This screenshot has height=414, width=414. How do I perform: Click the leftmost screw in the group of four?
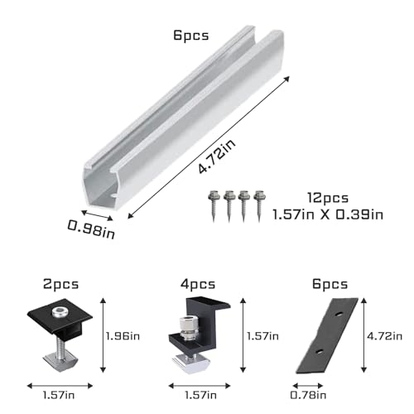211,205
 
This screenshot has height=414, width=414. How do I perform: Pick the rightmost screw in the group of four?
245,205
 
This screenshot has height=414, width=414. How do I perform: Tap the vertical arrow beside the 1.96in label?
102,335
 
